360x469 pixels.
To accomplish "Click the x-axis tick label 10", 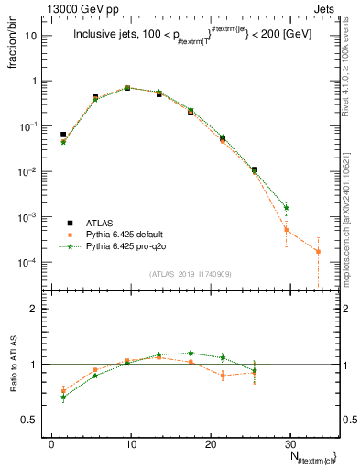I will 131,442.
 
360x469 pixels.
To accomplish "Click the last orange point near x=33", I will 318,251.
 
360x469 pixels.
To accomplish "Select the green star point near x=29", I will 287,208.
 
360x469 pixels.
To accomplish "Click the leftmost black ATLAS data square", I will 63,135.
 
